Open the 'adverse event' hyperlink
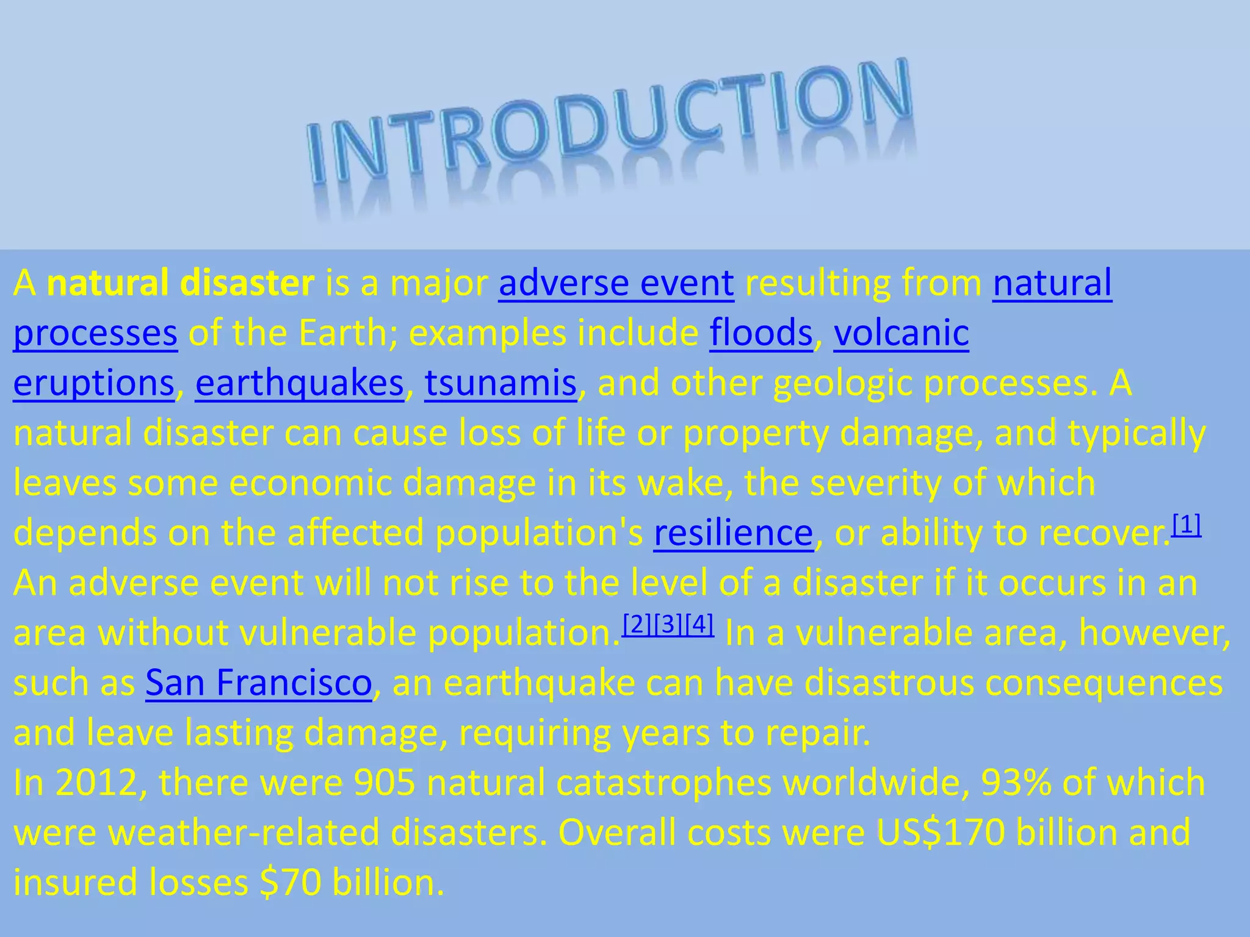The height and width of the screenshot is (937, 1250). pyautogui.click(x=616, y=284)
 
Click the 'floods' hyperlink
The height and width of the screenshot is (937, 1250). pyautogui.click(x=760, y=334)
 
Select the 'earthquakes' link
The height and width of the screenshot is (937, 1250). pyautogui.click(x=299, y=384)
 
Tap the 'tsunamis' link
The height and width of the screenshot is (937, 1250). pyautogui.click(x=500, y=384)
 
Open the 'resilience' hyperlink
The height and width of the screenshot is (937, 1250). pyautogui.click(x=733, y=533)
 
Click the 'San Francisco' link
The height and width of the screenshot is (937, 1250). pyautogui.click(x=258, y=683)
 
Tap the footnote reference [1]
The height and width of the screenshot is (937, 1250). pyautogui.click(x=1187, y=524)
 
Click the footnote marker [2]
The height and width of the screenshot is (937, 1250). pyautogui.click(x=637, y=624)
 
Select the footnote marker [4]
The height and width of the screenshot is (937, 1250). pyautogui.click(x=699, y=624)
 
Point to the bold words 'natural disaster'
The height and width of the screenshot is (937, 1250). pyautogui.click(x=181, y=284)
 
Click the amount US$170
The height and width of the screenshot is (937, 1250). pyautogui.click(x=941, y=833)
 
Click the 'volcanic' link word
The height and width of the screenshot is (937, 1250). pyautogui.click(x=901, y=334)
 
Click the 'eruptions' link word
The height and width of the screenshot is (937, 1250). pyautogui.click(x=94, y=384)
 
